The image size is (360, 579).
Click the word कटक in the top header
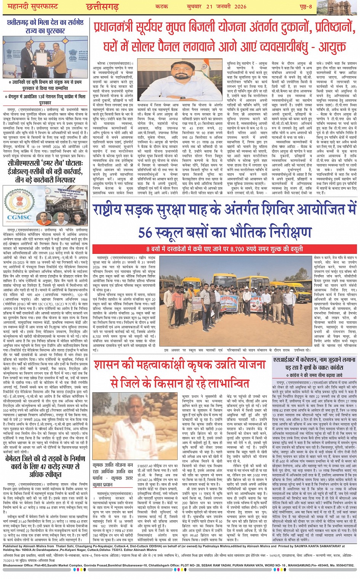tap(162, 6)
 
